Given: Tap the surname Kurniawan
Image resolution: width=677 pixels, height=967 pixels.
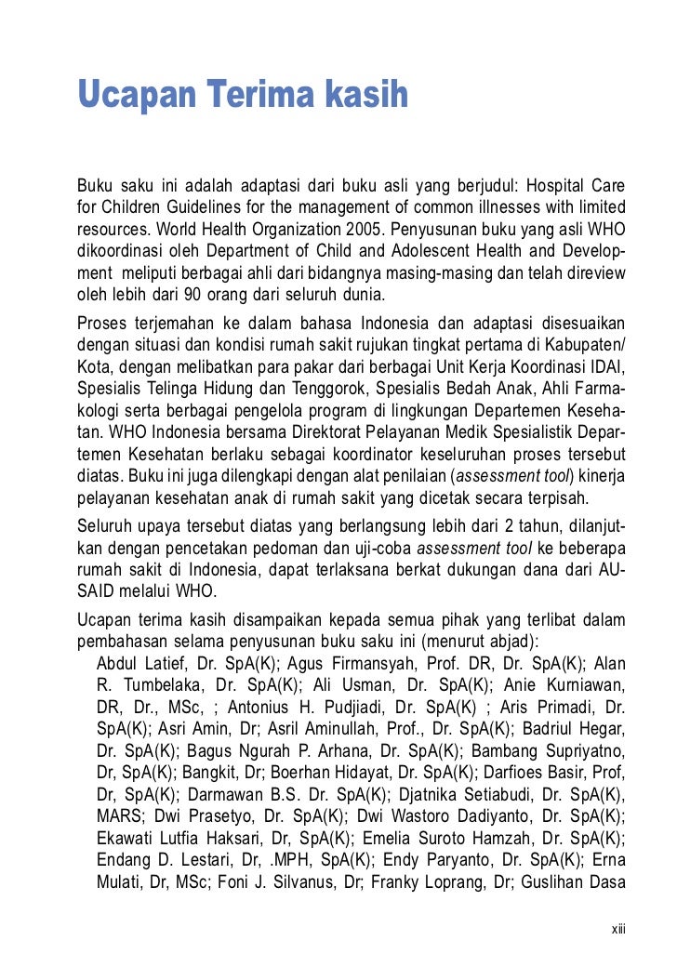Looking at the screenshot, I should (588, 687).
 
